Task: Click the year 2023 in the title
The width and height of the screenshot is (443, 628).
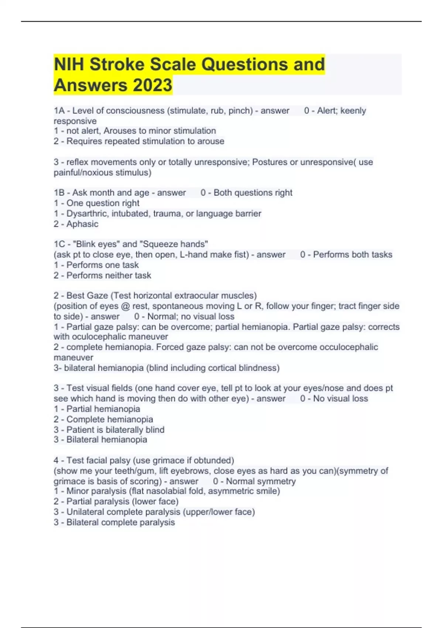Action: tap(152, 85)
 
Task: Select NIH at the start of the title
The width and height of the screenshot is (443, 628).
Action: tap(69, 64)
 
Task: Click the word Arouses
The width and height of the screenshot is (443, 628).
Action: tap(121, 131)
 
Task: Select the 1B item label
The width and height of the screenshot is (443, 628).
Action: tap(59, 193)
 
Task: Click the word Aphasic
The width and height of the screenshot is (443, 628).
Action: tap(82, 224)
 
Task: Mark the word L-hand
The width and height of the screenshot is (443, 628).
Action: tap(194, 255)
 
